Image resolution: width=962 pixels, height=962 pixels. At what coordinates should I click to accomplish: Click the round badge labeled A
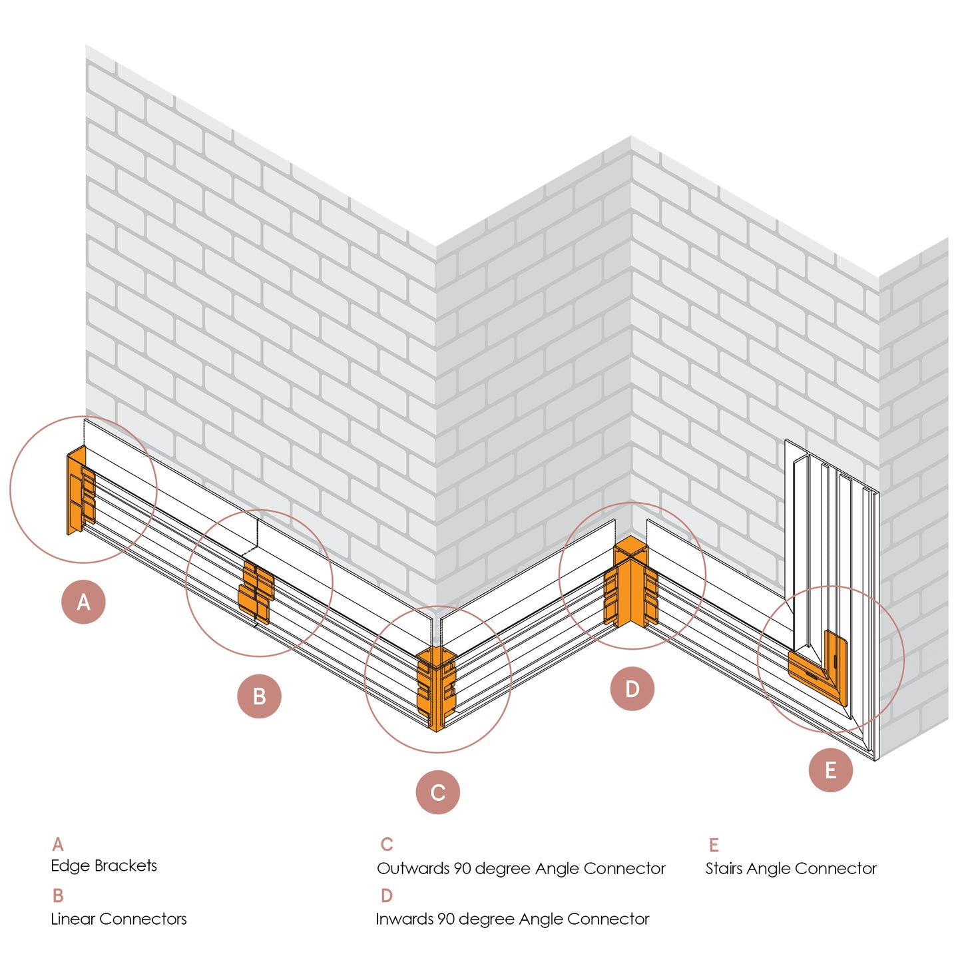83,602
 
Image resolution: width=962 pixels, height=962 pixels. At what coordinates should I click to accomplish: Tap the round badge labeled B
259,696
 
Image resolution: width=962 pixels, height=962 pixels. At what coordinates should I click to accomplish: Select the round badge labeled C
437,792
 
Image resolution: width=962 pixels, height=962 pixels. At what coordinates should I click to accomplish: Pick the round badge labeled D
632,688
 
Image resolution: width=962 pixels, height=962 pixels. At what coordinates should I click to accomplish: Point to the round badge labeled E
830,770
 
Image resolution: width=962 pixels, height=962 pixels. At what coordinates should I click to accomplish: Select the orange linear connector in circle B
256,592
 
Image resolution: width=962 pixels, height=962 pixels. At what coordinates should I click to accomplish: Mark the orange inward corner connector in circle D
630,586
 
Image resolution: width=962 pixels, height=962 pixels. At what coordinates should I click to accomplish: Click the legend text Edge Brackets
104,865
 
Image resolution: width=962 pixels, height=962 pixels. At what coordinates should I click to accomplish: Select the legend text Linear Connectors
119,919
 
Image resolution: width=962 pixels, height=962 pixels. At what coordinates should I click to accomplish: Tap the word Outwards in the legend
413,868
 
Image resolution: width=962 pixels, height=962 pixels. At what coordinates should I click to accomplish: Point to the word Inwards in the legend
404,919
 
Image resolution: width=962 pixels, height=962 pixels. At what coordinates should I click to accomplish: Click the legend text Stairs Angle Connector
791,868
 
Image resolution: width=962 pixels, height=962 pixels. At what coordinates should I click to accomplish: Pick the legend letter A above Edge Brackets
58,844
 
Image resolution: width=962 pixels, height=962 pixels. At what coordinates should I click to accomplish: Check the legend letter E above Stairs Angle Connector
713,845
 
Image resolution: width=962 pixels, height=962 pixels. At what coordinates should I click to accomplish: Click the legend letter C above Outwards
386,844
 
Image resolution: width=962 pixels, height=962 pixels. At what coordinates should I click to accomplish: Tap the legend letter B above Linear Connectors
58,895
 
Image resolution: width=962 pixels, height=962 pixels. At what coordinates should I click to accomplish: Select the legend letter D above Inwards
386,895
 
